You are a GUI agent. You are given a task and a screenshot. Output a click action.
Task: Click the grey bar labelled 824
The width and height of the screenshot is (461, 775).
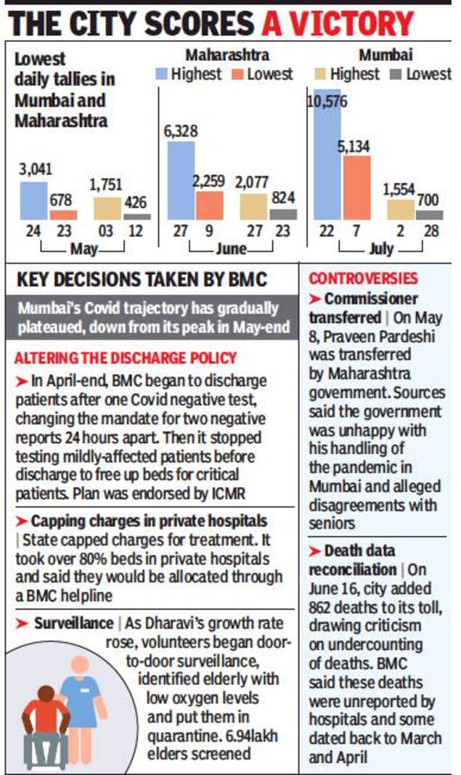coord(283,214)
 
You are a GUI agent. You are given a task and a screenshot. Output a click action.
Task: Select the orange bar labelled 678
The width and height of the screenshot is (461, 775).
coord(62,214)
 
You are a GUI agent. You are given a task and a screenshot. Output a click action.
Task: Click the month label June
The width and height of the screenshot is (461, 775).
coord(230,249)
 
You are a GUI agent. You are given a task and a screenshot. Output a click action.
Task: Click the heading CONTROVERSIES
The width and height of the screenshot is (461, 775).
coord(363,278)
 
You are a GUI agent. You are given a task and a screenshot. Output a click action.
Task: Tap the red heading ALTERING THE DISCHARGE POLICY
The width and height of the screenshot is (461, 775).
coord(125,359)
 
